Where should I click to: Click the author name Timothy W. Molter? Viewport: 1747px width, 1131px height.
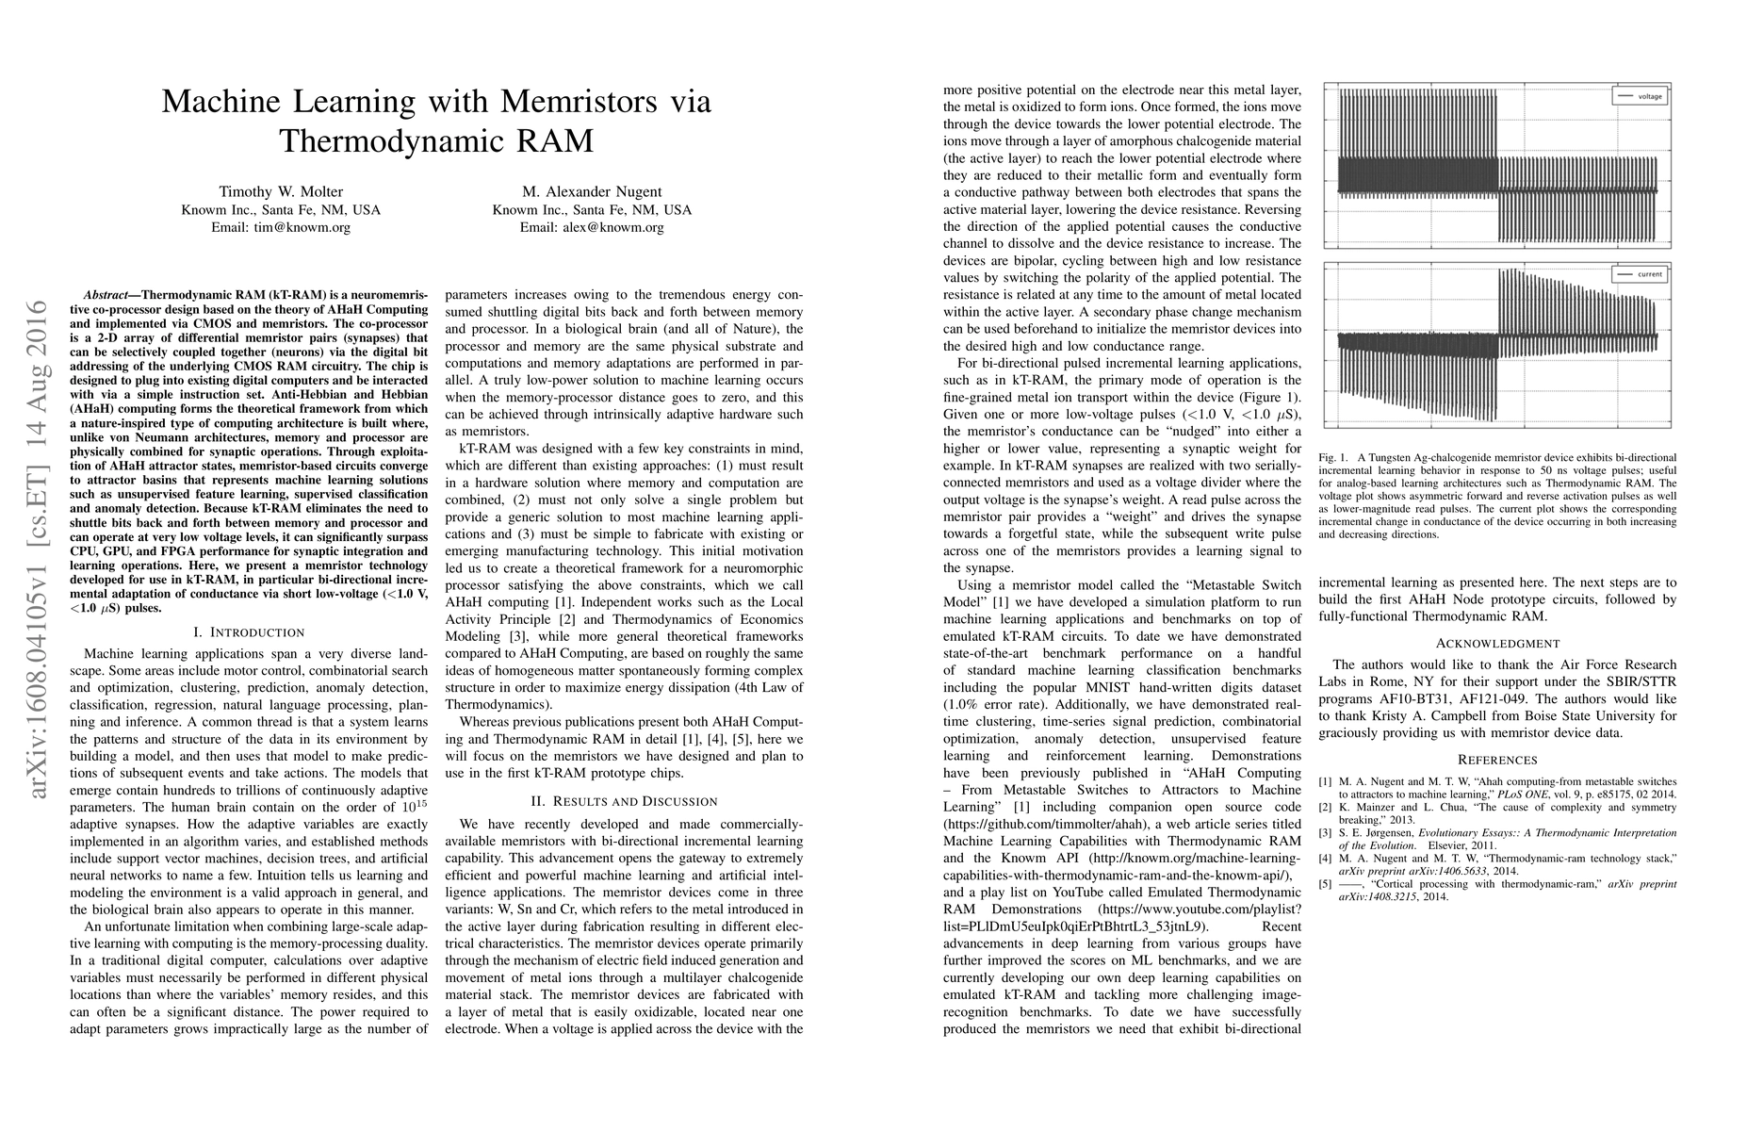[281, 191]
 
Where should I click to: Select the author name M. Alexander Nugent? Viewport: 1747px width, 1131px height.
[592, 191]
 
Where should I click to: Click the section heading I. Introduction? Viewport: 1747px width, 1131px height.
[249, 631]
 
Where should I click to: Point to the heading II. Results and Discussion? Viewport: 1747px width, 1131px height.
[624, 801]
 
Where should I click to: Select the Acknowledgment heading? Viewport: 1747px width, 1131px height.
[1497, 643]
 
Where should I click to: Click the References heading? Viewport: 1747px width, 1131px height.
[1497, 760]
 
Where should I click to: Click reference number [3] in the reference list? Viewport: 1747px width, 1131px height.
[1325, 833]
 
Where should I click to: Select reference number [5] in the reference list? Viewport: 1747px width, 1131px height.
[1325, 884]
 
